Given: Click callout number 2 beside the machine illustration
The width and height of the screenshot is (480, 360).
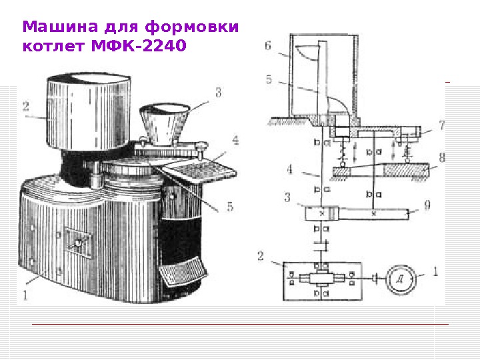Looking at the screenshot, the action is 25,105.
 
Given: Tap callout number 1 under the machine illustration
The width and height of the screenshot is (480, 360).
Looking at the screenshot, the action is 25,293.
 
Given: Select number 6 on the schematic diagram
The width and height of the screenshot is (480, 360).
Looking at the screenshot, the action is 268,46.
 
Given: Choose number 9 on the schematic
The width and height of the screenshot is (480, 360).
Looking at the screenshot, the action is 427,205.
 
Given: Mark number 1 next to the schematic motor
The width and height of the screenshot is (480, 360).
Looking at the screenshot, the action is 435,271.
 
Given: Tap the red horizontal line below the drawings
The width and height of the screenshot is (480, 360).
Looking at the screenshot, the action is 240,325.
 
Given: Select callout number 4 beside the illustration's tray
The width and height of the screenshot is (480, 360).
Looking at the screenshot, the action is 235,140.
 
